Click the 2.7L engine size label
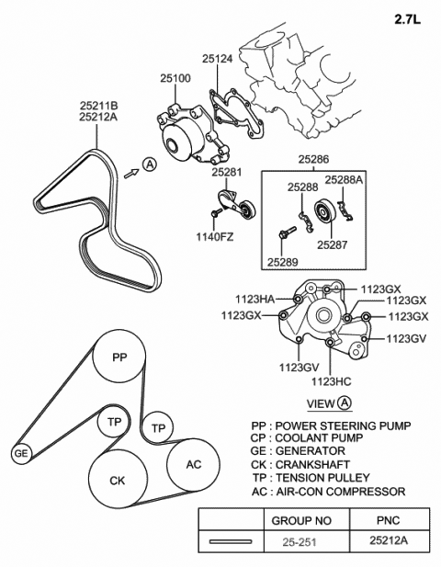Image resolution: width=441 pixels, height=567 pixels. pos(410,17)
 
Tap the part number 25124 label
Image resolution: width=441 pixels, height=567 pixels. pos(217,60)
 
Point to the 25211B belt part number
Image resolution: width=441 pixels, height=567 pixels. pos(98,106)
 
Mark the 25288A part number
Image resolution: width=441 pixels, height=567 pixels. pos(344,180)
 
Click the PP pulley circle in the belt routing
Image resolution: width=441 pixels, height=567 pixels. pos(119,357)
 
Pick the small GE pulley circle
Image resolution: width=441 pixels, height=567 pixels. pos(20,453)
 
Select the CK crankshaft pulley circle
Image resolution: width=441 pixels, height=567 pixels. pos(118,481)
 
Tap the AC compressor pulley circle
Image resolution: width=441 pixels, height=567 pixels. pos(194,464)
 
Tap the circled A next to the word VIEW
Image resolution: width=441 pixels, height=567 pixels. pos(344,403)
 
